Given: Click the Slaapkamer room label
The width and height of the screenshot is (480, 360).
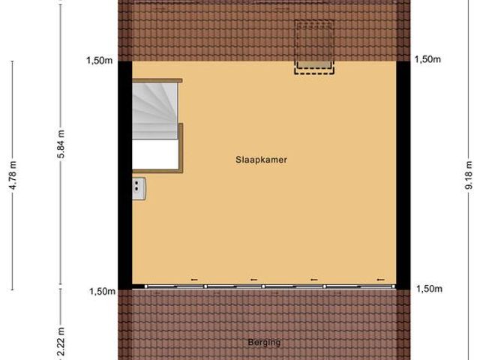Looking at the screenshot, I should click(261, 159).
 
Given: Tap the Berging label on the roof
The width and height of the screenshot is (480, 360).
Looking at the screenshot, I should click(264, 343).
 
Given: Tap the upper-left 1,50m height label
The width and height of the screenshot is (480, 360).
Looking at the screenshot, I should click(98, 61).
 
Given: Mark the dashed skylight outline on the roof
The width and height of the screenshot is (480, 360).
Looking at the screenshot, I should click(314, 46).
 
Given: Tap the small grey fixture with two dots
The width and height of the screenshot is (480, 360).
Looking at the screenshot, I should click(139, 189).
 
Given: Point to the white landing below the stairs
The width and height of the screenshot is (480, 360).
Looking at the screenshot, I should click(155, 155).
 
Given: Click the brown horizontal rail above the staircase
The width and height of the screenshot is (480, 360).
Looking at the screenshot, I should click(157, 79).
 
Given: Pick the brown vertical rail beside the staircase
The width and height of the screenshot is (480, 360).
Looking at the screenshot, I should click(181, 147).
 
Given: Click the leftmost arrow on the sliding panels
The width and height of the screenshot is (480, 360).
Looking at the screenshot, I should click(193, 280).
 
